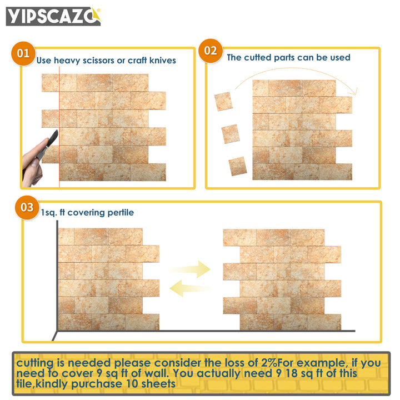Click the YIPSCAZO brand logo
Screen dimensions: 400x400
(x=53, y=16)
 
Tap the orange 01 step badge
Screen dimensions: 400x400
(x=23, y=53)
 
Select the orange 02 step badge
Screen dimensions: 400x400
(x=211, y=51)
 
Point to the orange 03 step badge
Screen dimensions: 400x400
(x=27, y=207)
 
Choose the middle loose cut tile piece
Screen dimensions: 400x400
(x=231, y=133)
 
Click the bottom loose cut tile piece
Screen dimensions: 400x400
(x=237, y=166)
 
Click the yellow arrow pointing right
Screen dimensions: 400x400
(x=191, y=269)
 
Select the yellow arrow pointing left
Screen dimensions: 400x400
(x=190, y=287)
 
